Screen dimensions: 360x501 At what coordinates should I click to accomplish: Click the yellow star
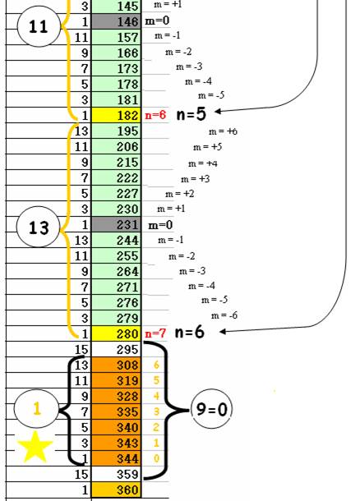35,446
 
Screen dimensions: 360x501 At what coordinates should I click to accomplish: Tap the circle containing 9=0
211,409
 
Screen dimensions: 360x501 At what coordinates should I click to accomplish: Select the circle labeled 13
39,228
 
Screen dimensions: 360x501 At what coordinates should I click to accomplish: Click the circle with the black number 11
39,26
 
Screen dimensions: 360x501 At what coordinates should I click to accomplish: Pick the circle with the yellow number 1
37,408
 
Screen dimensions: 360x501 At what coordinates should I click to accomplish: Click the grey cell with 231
117,224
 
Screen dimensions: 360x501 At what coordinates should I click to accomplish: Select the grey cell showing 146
117,21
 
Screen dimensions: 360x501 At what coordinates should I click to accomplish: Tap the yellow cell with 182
117,115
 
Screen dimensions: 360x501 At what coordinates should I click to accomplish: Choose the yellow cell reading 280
117,333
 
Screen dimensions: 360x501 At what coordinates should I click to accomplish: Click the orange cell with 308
117,365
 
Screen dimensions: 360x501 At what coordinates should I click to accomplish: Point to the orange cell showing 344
117,458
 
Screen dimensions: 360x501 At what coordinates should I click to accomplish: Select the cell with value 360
117,490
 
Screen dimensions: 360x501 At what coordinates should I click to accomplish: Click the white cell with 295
117,349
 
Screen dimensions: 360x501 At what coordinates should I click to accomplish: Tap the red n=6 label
155,115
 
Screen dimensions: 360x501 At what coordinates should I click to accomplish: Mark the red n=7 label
155,333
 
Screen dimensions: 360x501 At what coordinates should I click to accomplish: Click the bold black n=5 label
192,114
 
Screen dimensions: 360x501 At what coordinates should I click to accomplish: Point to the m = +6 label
223,131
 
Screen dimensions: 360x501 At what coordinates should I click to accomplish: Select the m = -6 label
224,315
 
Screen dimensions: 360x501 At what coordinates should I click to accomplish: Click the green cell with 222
117,177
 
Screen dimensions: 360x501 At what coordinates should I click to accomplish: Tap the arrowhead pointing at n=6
223,332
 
